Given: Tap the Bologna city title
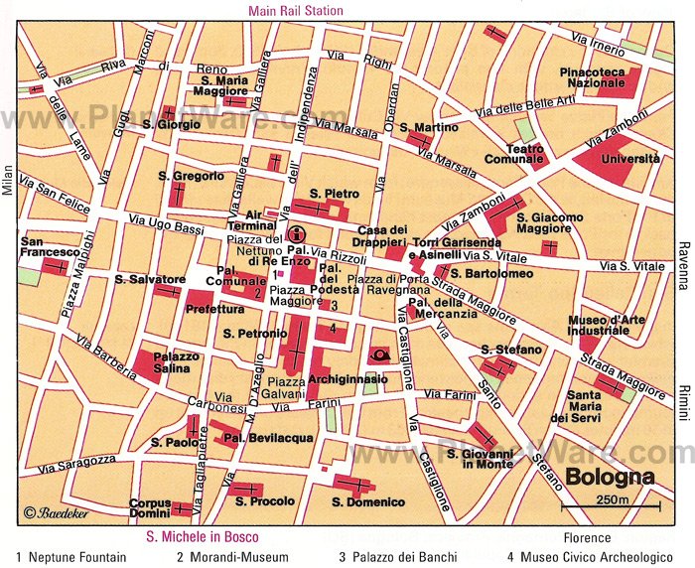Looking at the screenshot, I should tap(610, 475).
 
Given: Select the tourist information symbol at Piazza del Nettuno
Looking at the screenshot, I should tap(296, 235).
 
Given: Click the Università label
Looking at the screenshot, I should tap(630, 158).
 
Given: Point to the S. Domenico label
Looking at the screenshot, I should tap(368, 502).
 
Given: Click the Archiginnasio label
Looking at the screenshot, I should tap(341, 379).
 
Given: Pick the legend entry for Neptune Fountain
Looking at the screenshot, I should tap(71, 557).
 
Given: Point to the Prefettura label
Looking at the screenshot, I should tap(208, 309).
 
